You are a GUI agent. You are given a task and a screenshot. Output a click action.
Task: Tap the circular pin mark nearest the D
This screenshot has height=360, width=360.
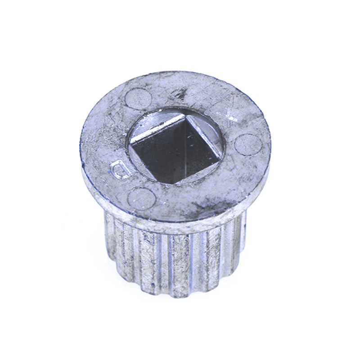pos(140,198)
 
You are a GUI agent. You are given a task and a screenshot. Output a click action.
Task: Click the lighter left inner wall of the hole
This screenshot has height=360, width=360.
pos(157,153)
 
